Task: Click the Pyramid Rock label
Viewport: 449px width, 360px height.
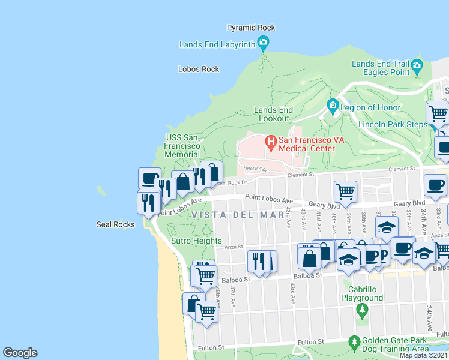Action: [250, 28]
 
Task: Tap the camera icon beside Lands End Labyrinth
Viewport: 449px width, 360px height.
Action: [262, 43]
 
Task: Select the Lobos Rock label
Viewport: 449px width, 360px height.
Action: [199, 69]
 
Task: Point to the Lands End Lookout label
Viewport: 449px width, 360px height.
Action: [273, 114]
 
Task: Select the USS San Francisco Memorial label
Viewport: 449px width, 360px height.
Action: [182, 146]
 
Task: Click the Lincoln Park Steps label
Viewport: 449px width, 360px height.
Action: [393, 124]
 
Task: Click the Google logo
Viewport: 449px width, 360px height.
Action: [20, 353]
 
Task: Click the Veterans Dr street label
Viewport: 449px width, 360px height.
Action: [255, 170]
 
